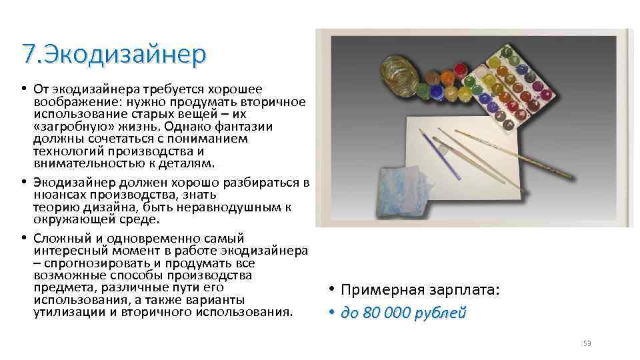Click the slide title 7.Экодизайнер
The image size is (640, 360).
pyautogui.click(x=114, y=54)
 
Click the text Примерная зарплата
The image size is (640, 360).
pyautogui.click(x=419, y=291)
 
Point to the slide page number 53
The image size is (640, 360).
pyautogui.click(x=587, y=343)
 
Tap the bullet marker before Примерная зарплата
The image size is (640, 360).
pyautogui.click(x=331, y=291)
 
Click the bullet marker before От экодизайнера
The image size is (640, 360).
pyautogui.click(x=23, y=89)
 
